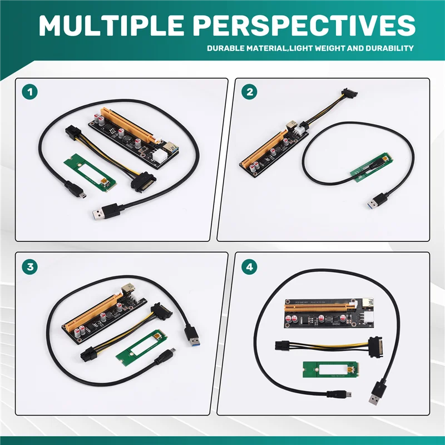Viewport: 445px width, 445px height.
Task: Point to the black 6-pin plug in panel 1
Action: tap(75, 133)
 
